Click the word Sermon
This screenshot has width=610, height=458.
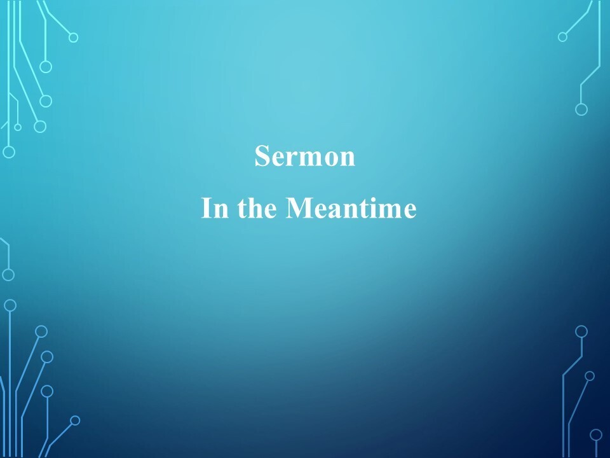[304, 156]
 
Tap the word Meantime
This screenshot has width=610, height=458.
[351, 207]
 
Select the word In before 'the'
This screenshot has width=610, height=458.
[215, 207]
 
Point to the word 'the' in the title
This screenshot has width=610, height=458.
[257, 207]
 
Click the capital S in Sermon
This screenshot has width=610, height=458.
[262, 156]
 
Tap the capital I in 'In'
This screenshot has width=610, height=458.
[206, 208]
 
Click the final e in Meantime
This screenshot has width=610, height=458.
[409, 211]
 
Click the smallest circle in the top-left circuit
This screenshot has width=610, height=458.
[18, 127]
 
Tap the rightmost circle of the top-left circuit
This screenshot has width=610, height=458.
[74, 38]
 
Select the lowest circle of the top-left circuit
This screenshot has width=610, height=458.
[9, 152]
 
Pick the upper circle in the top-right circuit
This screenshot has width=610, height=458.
[562, 37]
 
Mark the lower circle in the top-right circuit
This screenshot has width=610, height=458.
[581, 109]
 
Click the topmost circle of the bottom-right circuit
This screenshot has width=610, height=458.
[581, 331]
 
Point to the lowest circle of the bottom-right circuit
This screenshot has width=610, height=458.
[596, 435]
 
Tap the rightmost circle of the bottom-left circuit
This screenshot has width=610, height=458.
[75, 420]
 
